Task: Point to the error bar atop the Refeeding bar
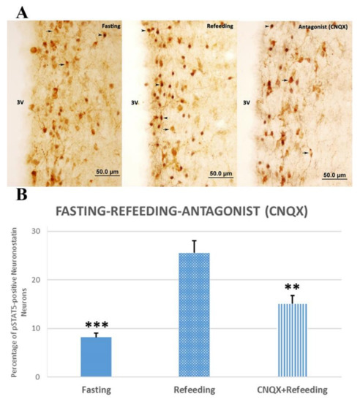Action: [194, 246]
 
